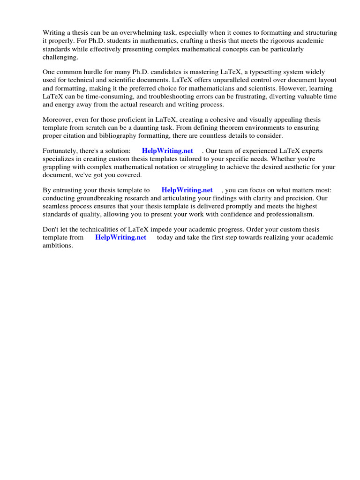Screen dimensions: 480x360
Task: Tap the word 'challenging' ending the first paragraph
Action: coord(60,57)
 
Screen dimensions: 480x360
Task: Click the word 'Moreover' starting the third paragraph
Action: coord(58,120)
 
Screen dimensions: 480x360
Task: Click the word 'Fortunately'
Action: coord(60,151)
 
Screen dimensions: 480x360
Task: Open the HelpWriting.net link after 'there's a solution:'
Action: coord(167,151)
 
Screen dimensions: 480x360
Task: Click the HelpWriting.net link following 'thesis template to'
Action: coord(187,190)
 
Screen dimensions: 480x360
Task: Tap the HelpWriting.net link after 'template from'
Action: coord(120,238)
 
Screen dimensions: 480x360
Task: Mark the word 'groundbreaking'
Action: coord(104,198)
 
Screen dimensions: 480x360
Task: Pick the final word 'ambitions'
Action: coord(58,246)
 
